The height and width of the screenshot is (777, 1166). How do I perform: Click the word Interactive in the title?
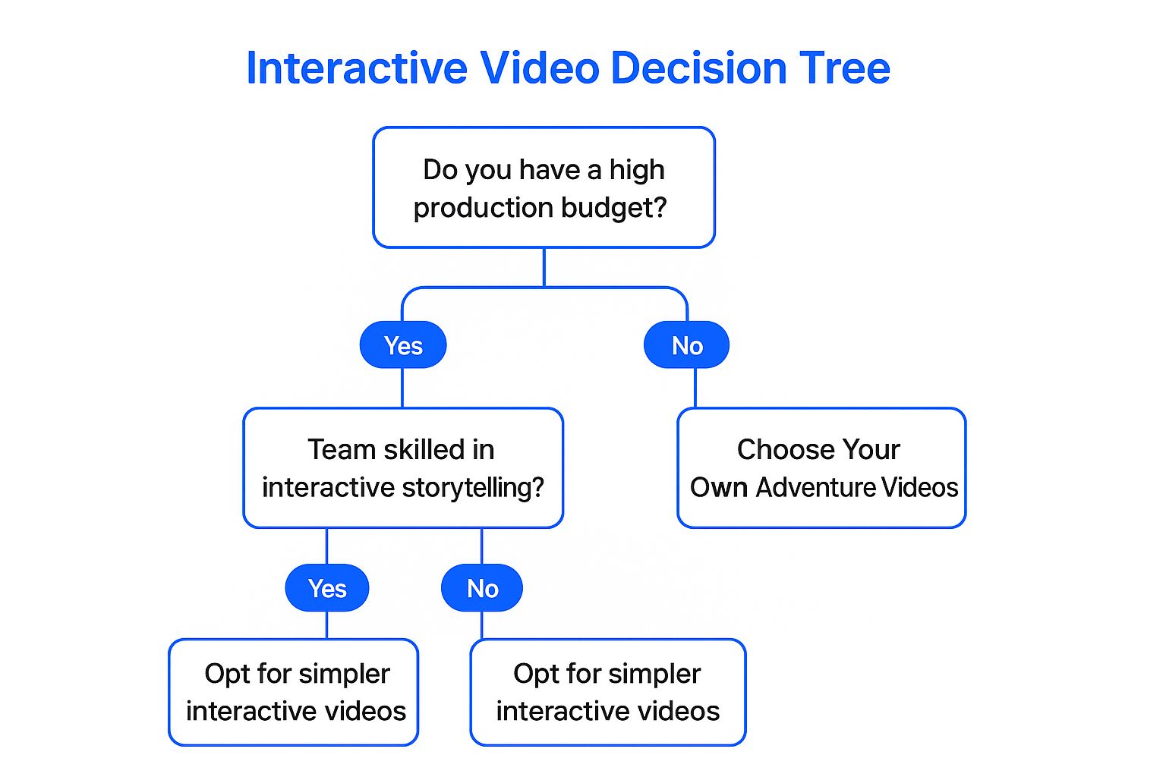[x=357, y=68]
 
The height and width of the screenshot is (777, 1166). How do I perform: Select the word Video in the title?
[x=540, y=68]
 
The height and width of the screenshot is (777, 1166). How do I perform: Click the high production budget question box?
[x=544, y=187]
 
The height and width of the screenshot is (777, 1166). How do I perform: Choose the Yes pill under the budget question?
[x=403, y=346]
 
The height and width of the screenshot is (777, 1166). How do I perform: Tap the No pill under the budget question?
[x=687, y=346]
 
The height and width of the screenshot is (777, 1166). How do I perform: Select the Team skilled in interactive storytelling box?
[x=403, y=468]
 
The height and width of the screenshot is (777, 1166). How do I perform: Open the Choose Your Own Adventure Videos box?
[x=821, y=468]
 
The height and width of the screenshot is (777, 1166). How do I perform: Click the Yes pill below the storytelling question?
[x=327, y=589]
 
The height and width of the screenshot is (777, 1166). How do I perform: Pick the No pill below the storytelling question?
[x=482, y=589]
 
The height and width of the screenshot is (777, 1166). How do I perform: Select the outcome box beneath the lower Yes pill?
[x=294, y=692]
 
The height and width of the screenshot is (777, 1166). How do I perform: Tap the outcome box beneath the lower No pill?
[x=608, y=692]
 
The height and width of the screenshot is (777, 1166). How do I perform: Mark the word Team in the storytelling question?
[x=342, y=450]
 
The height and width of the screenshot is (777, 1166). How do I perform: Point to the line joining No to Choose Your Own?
[x=695, y=388]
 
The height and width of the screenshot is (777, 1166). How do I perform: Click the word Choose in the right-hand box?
[x=777, y=450]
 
